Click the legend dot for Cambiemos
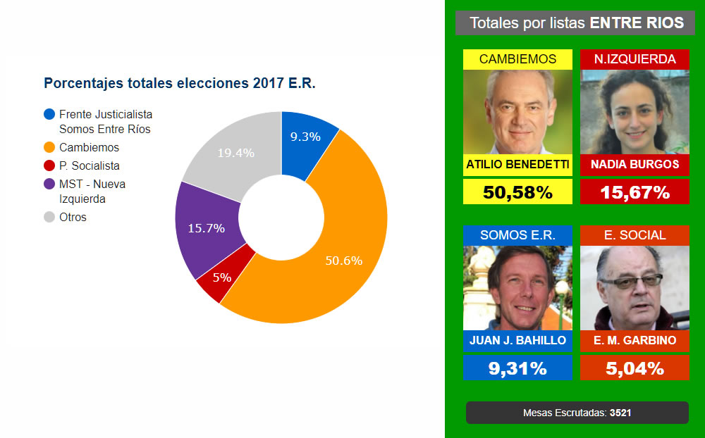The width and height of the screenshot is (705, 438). click(x=49, y=148)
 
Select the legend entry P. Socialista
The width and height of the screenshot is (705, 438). click(x=89, y=166)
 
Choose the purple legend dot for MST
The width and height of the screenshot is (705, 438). click(x=49, y=184)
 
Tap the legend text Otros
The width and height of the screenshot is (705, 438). click(x=73, y=217)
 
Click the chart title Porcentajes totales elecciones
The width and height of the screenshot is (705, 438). click(x=179, y=83)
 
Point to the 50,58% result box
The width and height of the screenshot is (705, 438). click(x=517, y=192)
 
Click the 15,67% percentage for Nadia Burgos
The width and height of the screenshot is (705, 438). click(x=634, y=192)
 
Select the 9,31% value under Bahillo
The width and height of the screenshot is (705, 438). click(x=517, y=368)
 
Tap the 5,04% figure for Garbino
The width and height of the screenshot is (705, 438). click(x=634, y=368)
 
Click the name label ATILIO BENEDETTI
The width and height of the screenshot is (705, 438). click(x=517, y=164)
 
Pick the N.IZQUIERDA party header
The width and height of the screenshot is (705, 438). click(x=634, y=59)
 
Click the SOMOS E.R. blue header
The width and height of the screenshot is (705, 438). click(x=517, y=235)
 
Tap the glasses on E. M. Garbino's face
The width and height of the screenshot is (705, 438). click(x=634, y=282)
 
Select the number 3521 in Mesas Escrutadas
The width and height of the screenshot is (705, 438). click(x=622, y=413)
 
